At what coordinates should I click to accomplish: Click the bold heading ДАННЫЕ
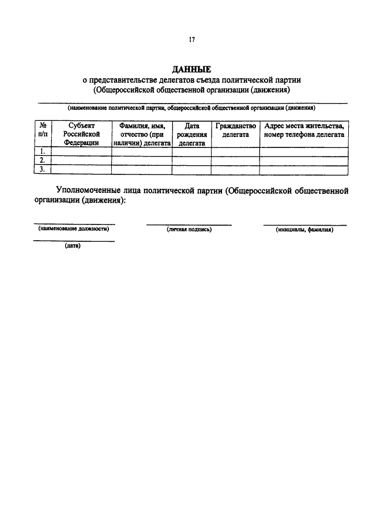coord(191,70)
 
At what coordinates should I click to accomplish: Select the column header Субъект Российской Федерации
coord(81,134)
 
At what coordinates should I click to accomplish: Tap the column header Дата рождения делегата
coord(191,134)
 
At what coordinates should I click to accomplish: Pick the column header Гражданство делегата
coord(235,130)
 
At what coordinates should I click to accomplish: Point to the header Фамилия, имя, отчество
coord(142,134)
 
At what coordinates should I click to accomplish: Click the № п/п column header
coord(43,130)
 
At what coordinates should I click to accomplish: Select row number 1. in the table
coord(43,152)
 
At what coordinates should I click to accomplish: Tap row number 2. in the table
coord(43,161)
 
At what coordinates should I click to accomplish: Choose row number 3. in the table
coord(43,169)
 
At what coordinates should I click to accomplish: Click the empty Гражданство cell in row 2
coord(235,161)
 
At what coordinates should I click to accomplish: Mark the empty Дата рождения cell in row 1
coord(191,152)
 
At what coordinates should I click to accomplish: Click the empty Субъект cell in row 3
coord(81,169)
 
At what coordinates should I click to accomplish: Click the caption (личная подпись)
coord(189,230)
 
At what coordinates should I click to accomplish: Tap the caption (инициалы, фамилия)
coord(305,230)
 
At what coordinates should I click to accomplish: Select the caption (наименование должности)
coord(74,229)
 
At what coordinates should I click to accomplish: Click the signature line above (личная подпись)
coord(189,225)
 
